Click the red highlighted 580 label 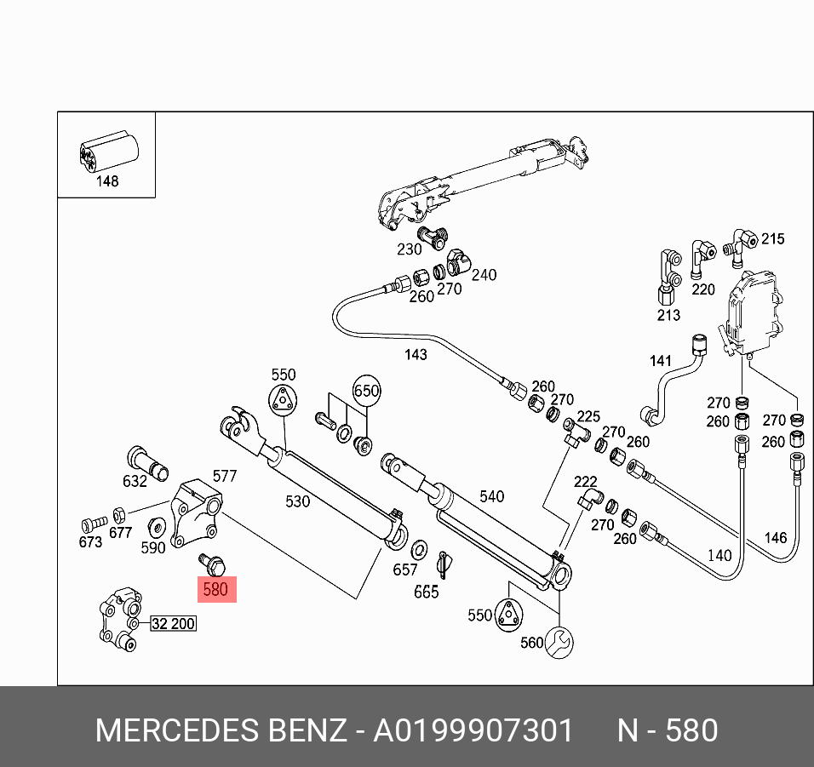(x=215, y=588)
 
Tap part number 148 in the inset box (x=107, y=181)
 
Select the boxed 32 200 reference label (x=173, y=624)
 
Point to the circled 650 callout (x=366, y=392)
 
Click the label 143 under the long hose (x=416, y=354)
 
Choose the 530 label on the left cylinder (x=297, y=501)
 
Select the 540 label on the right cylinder (x=492, y=496)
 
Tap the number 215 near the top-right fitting (x=772, y=239)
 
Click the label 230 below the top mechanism (x=410, y=249)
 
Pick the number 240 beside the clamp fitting (x=484, y=275)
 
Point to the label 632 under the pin (x=135, y=481)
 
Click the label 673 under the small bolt (x=90, y=542)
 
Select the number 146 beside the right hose (x=775, y=537)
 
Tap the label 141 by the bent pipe (x=661, y=361)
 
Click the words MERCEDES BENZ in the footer (x=220, y=730)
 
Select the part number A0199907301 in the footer (x=473, y=730)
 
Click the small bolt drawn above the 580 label (x=209, y=562)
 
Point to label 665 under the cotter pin (x=426, y=592)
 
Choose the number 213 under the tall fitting (x=668, y=316)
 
